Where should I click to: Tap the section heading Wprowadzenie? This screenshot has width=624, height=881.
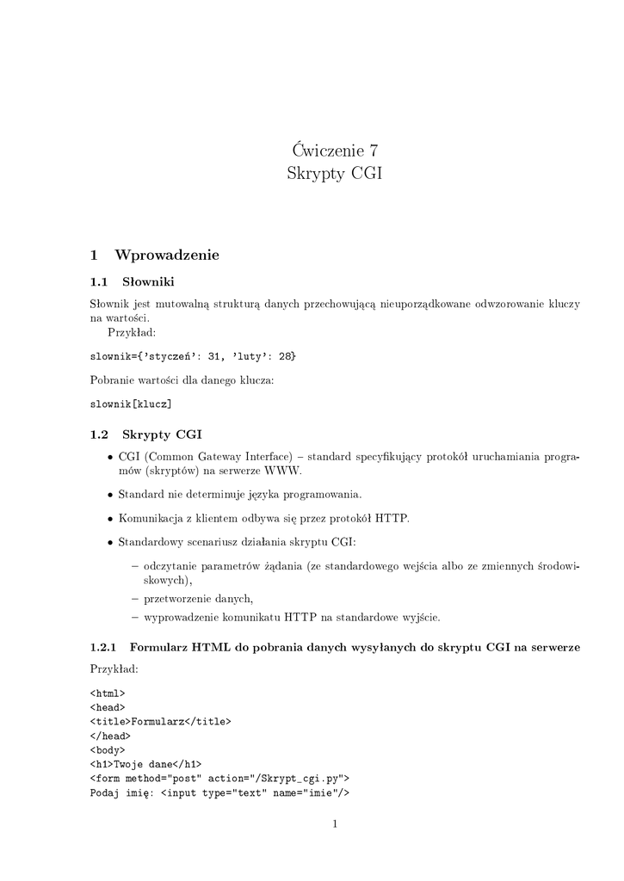tap(167, 255)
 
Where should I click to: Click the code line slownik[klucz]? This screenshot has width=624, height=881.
tap(131, 404)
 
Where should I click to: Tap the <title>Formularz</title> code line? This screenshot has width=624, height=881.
tap(161, 722)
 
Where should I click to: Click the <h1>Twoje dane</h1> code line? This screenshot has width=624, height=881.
tap(145, 763)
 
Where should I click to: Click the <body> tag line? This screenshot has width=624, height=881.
tap(108, 749)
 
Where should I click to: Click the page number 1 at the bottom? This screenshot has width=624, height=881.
tap(335, 824)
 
